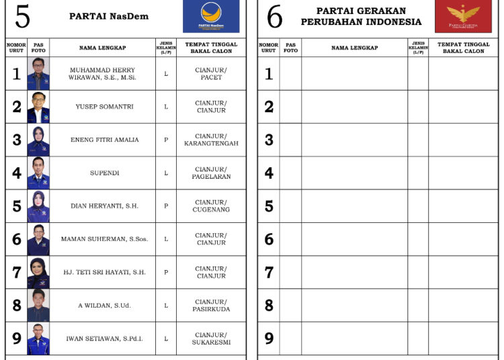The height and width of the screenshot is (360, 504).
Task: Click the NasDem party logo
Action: tap(210, 16)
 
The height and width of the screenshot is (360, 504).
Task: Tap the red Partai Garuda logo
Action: tap(463, 16)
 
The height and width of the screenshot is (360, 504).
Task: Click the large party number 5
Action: tap(22, 17)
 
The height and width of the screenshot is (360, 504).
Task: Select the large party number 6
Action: tap(274, 17)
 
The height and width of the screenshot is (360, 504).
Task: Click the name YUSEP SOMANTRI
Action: tap(104, 107)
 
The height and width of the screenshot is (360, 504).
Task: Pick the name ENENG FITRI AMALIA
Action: tap(105, 140)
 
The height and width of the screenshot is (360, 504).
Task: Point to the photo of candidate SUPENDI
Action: tap(38, 173)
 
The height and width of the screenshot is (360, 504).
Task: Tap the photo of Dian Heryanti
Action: tap(38, 206)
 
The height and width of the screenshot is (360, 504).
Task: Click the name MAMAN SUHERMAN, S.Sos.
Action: tap(104, 239)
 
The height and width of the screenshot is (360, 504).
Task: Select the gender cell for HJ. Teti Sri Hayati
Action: tap(166, 272)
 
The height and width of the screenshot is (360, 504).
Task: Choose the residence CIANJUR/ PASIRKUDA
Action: tap(211, 306)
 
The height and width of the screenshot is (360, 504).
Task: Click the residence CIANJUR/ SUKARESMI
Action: tap(211, 339)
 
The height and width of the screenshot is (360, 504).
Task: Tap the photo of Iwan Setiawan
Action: tap(38, 339)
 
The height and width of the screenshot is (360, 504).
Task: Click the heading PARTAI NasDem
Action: tap(109, 16)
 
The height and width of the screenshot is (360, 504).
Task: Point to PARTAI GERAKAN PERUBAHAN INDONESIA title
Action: tap(361, 16)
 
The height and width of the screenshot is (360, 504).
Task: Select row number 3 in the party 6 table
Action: tap(269, 140)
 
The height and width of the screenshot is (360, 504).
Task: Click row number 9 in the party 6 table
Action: tap(269, 339)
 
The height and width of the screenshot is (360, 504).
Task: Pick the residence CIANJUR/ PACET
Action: tap(211, 73)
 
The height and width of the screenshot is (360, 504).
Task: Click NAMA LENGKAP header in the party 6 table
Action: tap(354, 48)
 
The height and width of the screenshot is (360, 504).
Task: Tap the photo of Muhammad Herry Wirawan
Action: tap(38, 73)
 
